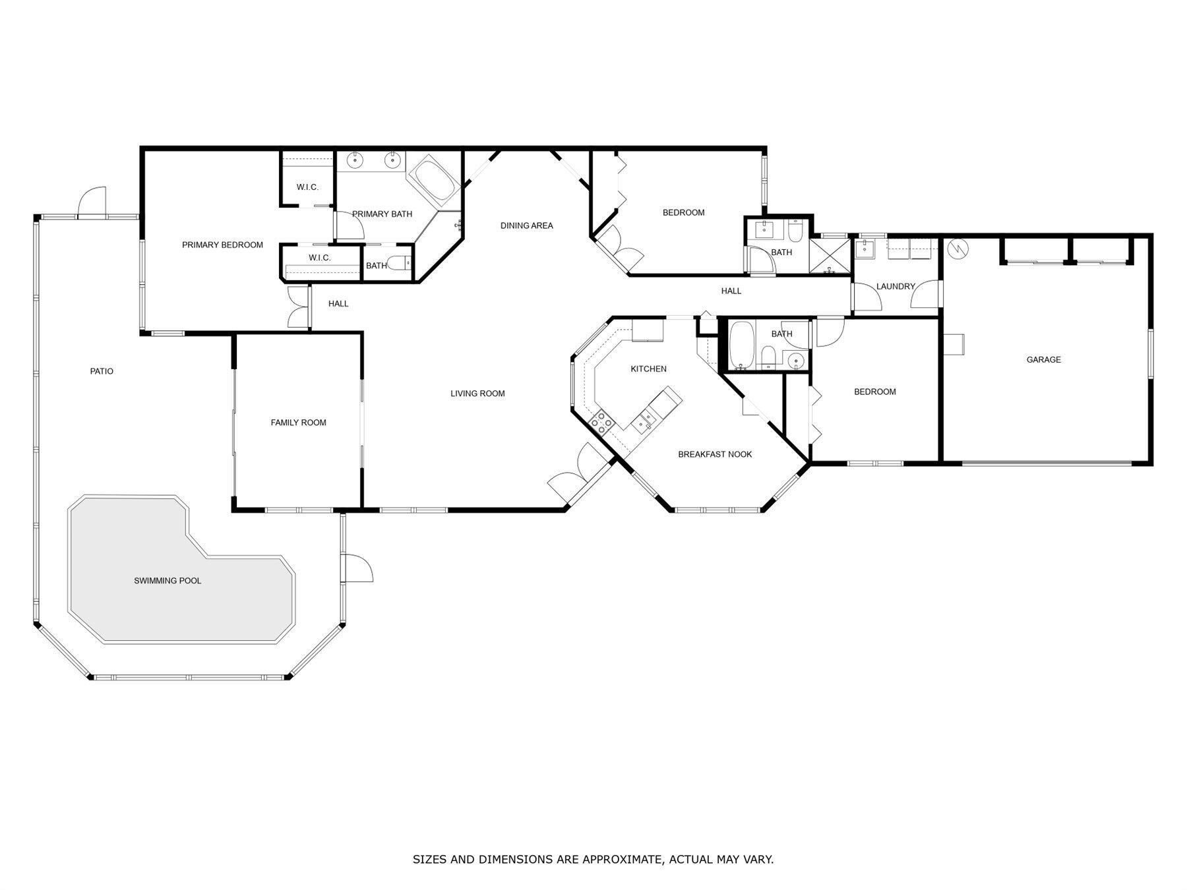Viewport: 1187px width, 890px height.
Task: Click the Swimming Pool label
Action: (167, 581)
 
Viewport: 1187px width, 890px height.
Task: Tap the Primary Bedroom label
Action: (222, 245)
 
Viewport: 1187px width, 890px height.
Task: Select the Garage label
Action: (1044, 360)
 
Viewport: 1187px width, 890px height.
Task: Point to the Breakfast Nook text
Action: (715, 454)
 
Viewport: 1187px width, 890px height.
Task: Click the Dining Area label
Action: (526, 225)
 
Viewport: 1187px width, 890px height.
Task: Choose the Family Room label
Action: (298, 423)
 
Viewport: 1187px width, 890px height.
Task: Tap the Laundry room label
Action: (896, 286)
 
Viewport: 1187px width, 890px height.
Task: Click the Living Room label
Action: (477, 394)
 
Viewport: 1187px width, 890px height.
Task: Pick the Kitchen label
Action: (648, 369)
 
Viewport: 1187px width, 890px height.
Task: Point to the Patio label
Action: (102, 372)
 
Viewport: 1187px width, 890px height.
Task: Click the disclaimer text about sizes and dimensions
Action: (593, 859)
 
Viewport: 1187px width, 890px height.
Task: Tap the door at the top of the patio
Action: (92, 202)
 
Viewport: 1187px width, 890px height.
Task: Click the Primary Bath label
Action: (382, 214)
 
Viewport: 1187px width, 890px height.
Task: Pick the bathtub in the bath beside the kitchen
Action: (741, 344)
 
